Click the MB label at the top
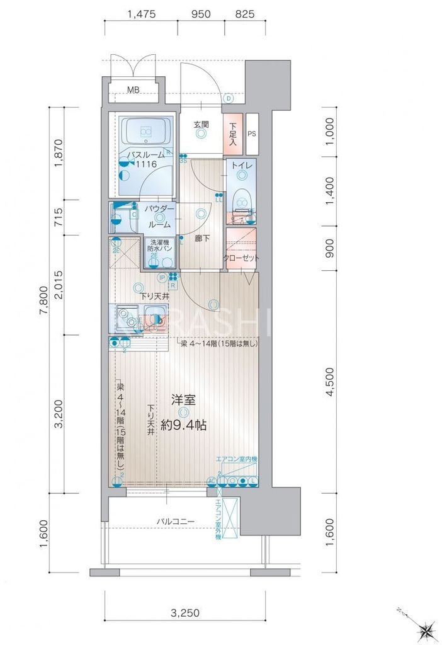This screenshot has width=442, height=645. [x=133, y=90]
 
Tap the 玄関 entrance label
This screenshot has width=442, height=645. [x=200, y=124]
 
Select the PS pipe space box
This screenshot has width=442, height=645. [x=252, y=134]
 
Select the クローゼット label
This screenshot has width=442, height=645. [x=241, y=258]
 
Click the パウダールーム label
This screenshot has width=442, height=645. [x=159, y=216]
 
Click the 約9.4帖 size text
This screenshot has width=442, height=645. [x=183, y=425]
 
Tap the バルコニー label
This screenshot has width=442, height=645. [x=176, y=522]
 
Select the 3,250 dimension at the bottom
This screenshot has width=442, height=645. [x=184, y=612]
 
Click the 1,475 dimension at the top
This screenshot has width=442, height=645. [x=141, y=13]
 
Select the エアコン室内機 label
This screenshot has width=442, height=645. [x=236, y=459]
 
